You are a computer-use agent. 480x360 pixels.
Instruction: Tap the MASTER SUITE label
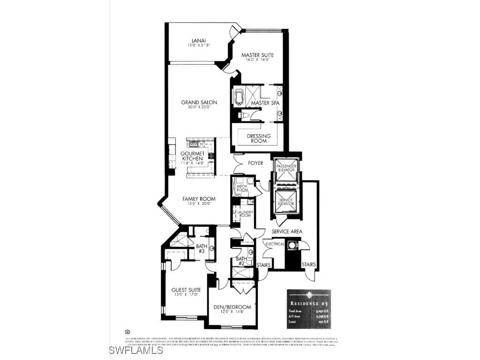[257, 55]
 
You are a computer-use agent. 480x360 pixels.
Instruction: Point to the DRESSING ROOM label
[256, 138]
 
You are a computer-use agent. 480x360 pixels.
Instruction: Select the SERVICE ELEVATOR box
[285, 202]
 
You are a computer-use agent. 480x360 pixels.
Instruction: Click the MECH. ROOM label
[242, 188]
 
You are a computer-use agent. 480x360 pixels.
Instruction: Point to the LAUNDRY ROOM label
[245, 214]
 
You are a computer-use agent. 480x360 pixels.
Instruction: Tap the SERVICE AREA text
[287, 231]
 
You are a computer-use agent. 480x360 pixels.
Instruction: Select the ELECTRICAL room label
[275, 244]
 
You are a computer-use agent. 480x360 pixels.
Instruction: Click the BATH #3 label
[202, 248]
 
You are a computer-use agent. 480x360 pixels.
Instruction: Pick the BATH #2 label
[241, 261]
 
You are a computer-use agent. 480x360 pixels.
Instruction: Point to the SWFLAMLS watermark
[136, 350]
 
